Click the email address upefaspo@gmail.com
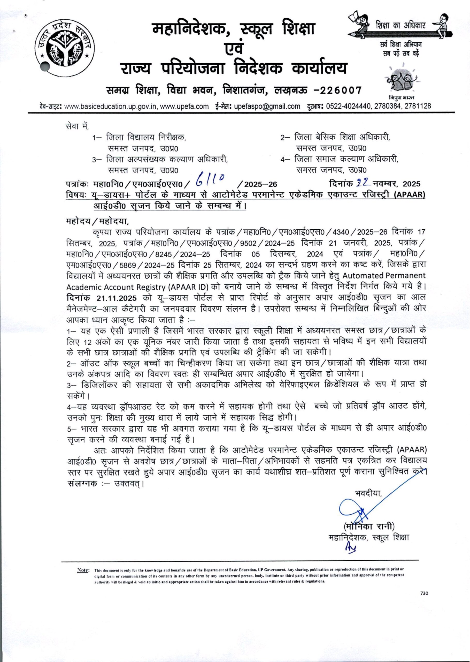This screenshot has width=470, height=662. tap(267, 106)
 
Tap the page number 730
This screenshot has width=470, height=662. tap(424, 593)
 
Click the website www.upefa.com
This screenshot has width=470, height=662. tap(184, 106)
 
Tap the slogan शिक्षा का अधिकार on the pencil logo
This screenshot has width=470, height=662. tap(400, 26)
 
